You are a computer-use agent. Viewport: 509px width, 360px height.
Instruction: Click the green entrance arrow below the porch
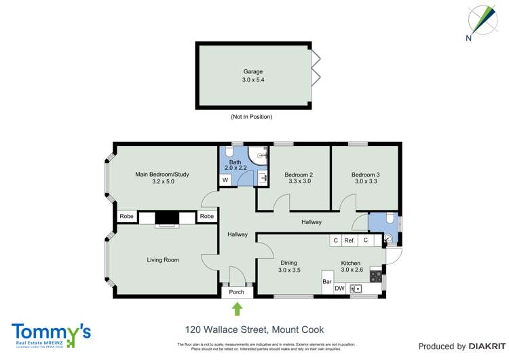point(238,309)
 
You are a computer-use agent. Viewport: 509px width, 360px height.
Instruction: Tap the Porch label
point(237,293)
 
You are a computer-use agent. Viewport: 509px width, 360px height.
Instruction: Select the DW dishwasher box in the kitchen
point(339,289)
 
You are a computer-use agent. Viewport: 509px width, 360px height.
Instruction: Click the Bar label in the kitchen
point(326,281)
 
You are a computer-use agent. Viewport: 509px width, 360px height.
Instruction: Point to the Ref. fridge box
point(350,240)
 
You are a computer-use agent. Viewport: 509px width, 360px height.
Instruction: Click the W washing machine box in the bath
point(225,180)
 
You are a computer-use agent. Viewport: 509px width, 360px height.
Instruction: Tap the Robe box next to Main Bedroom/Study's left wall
point(126,217)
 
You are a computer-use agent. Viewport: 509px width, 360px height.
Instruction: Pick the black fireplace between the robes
point(167,218)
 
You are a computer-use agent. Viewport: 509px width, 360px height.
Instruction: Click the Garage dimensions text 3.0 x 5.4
point(253,80)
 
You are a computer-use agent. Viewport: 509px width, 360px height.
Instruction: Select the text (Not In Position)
point(251,117)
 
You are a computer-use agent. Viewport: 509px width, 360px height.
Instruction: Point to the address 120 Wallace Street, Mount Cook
point(251,329)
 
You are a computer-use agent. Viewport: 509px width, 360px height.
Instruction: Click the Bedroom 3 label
point(365,175)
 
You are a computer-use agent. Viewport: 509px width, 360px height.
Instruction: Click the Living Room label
point(163,259)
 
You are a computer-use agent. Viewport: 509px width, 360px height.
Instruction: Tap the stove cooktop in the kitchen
point(375,277)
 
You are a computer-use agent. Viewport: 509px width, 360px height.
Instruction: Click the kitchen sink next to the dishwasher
point(356,289)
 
